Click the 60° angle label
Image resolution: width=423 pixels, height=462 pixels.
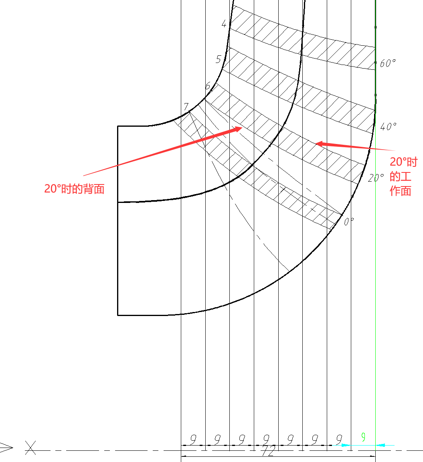coord(388,63)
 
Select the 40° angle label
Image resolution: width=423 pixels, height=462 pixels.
coord(388,127)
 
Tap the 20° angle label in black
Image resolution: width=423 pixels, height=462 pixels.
coord(376,178)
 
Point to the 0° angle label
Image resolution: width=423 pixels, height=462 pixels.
coord(349,221)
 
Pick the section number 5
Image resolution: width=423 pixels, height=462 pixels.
coord(218,59)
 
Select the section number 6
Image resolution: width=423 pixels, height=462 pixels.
coord(208,86)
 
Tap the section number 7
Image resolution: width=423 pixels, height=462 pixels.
coord(186,107)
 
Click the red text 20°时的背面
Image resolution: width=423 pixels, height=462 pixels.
coord(74,189)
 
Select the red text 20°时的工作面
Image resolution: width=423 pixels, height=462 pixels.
coord(403,176)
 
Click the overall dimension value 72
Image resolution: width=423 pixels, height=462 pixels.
coord(268,452)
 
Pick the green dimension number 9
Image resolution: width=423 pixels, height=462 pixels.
coord(363,438)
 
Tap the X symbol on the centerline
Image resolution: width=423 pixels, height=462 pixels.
coord(30,447)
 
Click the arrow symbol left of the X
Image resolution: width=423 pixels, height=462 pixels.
coord(7,447)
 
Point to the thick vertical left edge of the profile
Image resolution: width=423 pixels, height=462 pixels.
coord(117,221)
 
